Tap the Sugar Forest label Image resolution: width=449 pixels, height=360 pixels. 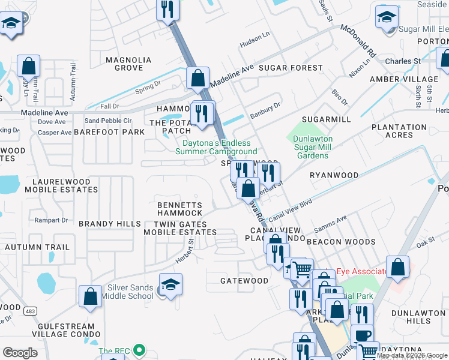(x=291, y=68)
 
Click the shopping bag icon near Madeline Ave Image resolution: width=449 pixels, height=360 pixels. (x=197, y=79)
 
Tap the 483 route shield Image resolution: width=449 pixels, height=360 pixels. (x=30, y=311)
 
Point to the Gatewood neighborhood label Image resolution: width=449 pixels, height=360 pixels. (x=244, y=281)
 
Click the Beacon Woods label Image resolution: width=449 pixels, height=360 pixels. (x=341, y=242)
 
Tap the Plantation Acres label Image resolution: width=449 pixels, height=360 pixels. (x=399, y=131)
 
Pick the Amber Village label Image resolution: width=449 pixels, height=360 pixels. (x=404, y=79)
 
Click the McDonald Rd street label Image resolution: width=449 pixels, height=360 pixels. (x=358, y=40)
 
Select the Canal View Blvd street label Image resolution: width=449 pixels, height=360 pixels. (x=291, y=210)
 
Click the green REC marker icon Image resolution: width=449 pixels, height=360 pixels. (x=140, y=349)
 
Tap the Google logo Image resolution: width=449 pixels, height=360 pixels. (x=20, y=353)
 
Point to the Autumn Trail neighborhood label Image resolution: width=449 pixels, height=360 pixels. (x=37, y=247)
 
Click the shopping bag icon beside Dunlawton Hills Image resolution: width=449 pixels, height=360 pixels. (x=397, y=268)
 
